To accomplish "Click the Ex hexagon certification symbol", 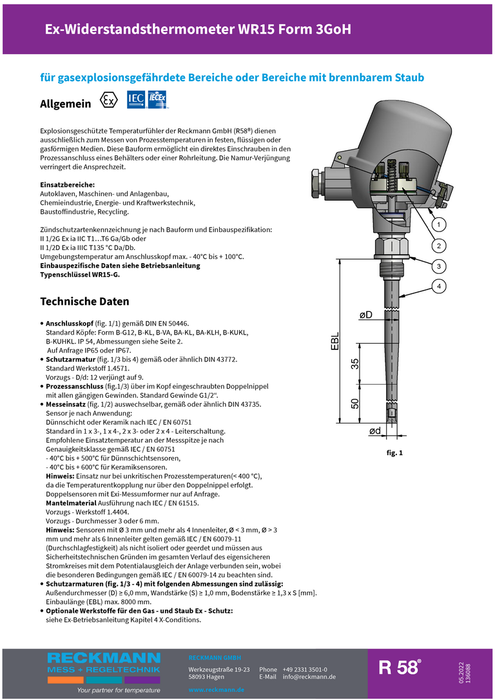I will pos(110,101).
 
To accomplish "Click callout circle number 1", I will pos(438,224).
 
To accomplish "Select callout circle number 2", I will pos(438,246).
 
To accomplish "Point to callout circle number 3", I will pos(438,266).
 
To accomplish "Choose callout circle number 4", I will pos(438,286).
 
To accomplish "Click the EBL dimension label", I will pos(335,342).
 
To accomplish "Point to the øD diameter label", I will pos(365,315).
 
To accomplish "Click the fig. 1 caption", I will pos(394,453).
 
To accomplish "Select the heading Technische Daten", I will pos(84,302).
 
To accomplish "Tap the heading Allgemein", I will pos(66,104).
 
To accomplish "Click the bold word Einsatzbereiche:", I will pos(68,185).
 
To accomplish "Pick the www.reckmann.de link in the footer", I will pos(217,690).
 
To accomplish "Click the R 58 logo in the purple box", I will pos(400,668).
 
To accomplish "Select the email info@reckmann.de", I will pos(309,677).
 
